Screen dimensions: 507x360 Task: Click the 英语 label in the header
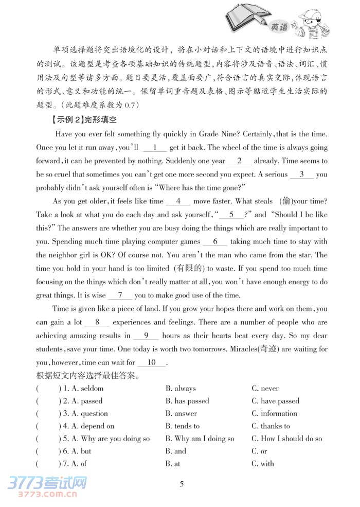[279, 27]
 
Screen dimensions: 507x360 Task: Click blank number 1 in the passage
[154, 147]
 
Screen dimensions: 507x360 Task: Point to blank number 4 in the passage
[178, 201]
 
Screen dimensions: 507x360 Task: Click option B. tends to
[183, 426]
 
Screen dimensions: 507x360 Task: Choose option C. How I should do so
[287, 439]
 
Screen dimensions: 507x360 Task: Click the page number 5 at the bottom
[179, 484]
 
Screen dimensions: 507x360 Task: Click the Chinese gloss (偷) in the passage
[287, 201]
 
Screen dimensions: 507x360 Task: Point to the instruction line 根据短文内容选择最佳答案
[89, 375]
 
